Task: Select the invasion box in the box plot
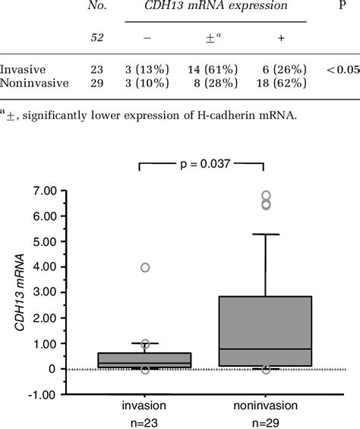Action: click(x=145, y=360)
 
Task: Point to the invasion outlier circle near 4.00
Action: click(x=145, y=267)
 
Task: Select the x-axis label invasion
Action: click(x=145, y=405)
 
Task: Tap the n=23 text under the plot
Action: click(x=145, y=421)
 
